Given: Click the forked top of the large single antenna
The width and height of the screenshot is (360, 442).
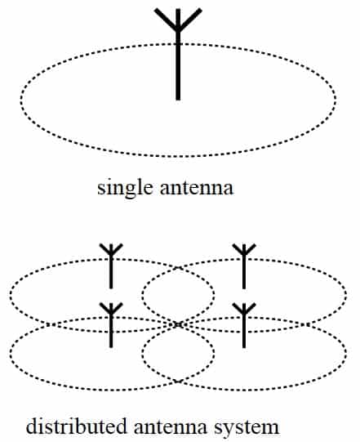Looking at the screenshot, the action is pos(178,20).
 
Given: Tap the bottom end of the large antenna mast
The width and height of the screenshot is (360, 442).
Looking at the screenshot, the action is pos(178,99).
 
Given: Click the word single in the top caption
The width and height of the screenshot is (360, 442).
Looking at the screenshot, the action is pos(126,188).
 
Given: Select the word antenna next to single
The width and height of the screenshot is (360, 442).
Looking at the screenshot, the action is pos(197,188).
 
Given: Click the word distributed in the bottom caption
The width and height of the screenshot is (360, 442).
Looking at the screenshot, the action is pos(77,426).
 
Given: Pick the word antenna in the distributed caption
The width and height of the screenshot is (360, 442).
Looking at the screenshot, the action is pos(171,427).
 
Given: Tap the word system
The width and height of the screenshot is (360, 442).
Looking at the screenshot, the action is pos(247,428).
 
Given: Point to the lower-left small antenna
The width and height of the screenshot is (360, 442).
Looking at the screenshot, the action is pos(111,325).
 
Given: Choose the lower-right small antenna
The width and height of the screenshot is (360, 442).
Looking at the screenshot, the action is pos(244,325).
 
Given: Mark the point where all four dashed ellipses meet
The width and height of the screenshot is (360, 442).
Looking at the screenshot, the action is pos(178,324).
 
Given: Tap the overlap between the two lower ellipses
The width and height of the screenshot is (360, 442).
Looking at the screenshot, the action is pos(178,353).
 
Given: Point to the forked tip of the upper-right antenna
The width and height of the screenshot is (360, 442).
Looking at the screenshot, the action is pos(244,249).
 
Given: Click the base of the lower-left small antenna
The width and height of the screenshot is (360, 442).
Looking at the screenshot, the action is pos(111,346).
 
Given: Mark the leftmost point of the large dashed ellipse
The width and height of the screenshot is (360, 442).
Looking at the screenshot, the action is pos(21,99).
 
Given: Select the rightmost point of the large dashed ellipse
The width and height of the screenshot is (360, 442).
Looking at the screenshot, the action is pos(336,99).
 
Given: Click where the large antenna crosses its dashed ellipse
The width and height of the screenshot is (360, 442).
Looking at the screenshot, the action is pos(178,43).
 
